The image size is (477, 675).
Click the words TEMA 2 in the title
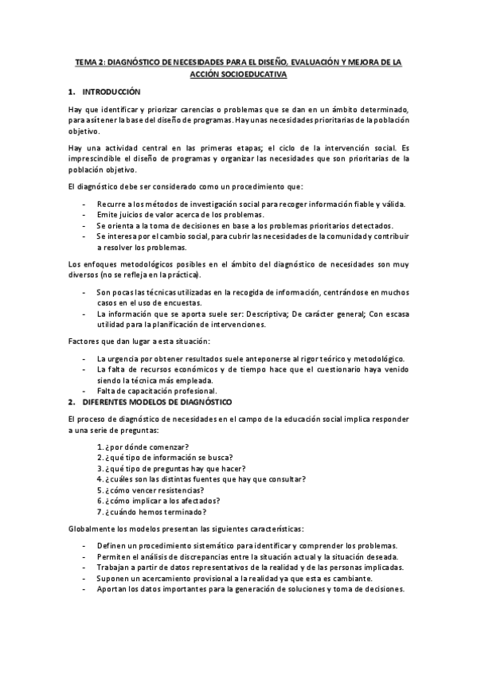point(88,60)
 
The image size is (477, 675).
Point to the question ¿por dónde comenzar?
point(153,446)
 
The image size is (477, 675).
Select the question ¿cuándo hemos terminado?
point(161,513)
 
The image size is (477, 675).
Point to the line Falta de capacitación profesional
point(158,391)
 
